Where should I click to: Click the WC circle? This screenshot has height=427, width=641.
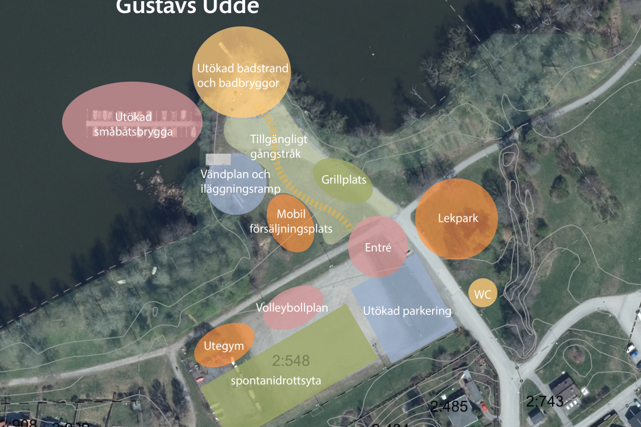[482, 293]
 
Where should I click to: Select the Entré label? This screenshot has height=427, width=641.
[378, 247]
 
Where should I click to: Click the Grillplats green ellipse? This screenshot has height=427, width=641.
[344, 180]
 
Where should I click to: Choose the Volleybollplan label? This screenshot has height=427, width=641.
[292, 308]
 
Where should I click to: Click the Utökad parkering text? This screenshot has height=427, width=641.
[407, 311]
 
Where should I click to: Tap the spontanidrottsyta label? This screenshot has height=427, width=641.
[276, 381]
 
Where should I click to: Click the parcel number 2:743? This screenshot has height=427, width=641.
[544, 401]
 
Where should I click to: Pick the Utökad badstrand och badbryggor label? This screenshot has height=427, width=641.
[242, 76]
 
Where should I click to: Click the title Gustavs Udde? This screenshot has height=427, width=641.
[188, 7]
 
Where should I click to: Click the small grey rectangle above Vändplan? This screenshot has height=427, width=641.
[218, 159]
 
